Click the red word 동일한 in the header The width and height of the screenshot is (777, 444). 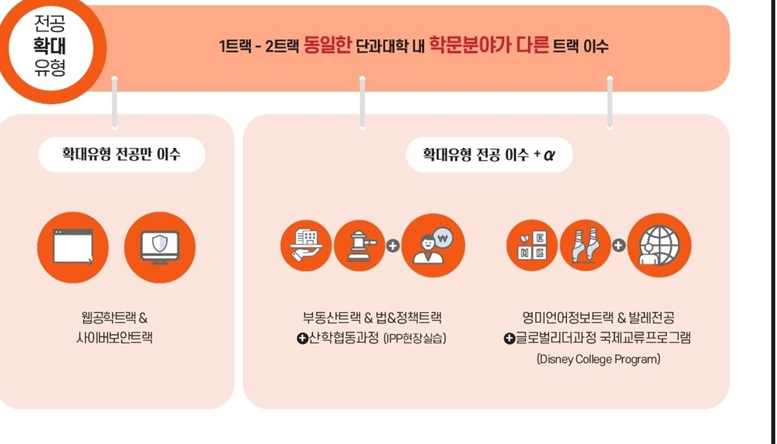[327, 45]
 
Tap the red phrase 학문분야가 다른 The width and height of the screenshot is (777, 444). [489, 45]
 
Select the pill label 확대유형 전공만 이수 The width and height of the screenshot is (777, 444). [121, 154]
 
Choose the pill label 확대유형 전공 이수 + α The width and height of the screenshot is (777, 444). [489, 155]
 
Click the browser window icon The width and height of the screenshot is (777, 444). [73, 247]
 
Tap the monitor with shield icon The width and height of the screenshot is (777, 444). [160, 247]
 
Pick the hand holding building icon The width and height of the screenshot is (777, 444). [305, 246]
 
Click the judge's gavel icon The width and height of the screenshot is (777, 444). [359, 246]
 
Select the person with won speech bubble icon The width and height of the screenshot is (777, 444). [433, 246]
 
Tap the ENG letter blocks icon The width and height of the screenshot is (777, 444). [531, 246]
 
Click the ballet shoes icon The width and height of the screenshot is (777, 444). [585, 246]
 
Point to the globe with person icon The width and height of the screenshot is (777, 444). [659, 246]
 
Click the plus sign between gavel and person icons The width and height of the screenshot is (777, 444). [393, 246]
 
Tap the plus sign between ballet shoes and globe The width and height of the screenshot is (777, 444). [619, 246]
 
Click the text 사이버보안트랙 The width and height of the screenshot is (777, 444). [114, 338]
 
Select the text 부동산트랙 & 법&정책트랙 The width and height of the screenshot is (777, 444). [372, 318]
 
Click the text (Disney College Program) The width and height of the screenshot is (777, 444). [598, 359]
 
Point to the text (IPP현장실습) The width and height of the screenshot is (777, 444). [415, 339]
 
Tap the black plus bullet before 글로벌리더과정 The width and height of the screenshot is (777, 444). [509, 339]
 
